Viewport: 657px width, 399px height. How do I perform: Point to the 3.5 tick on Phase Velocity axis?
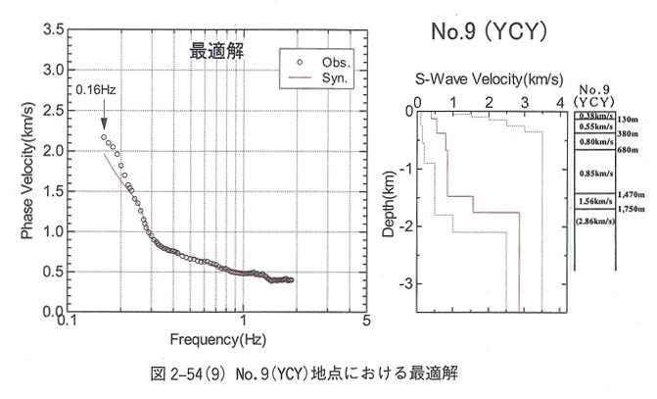click(x=50, y=30)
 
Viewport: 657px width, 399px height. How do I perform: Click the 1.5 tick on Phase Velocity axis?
click(x=50, y=191)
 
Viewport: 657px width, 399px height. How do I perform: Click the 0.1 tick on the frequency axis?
click(x=66, y=322)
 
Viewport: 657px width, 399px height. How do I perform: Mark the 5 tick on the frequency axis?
click(x=365, y=322)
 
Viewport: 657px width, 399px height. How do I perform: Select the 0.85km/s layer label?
click(x=595, y=174)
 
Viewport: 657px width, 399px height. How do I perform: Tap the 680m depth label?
click(x=627, y=150)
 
